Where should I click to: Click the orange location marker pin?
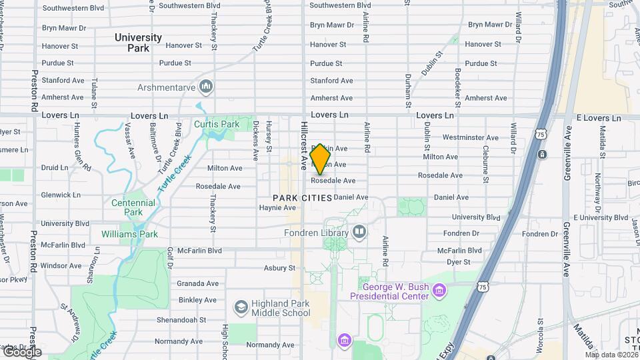(x=320, y=159)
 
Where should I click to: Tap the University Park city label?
(x=138, y=43)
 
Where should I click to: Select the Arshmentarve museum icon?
(x=206, y=86)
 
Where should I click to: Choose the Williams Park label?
(x=129, y=234)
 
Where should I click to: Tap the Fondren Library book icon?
(x=360, y=232)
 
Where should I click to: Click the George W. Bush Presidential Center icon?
(x=439, y=291)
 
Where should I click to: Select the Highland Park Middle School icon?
(x=241, y=307)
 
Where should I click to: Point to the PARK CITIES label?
(x=302, y=198)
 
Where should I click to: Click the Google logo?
(x=21, y=352)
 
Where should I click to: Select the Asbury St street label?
(x=279, y=268)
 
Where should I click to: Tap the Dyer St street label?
(x=459, y=262)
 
